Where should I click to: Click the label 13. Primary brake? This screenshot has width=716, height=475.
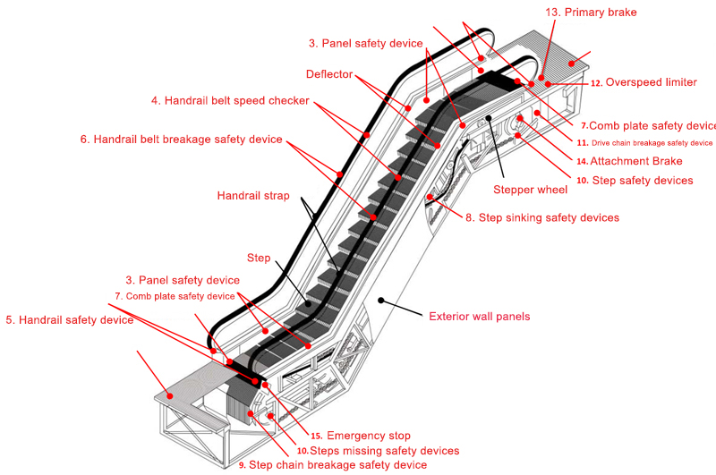pyautogui.click(x=591, y=12)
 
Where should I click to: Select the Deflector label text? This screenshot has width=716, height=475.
pyautogui.click(x=329, y=73)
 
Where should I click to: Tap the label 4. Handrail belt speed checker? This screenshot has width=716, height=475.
pyautogui.click(x=230, y=101)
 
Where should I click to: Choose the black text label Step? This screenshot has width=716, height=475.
pyautogui.click(x=259, y=259)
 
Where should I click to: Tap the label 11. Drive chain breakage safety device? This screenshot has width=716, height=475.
pyautogui.click(x=644, y=142)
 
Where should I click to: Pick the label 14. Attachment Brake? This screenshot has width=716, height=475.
pyautogui.click(x=629, y=162)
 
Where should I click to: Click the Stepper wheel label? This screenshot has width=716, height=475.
pyautogui.click(x=531, y=190)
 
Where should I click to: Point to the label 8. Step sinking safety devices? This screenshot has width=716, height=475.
pyautogui.click(x=541, y=217)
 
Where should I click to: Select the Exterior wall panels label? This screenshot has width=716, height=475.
pyautogui.click(x=480, y=316)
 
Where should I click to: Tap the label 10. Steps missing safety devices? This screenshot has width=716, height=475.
pyautogui.click(x=377, y=451)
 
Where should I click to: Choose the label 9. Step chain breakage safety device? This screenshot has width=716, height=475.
pyautogui.click(x=332, y=465)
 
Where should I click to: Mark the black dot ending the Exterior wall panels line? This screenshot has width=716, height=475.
pyautogui.click(x=381, y=297)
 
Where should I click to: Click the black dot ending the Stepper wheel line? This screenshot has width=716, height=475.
pyautogui.click(x=489, y=118)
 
